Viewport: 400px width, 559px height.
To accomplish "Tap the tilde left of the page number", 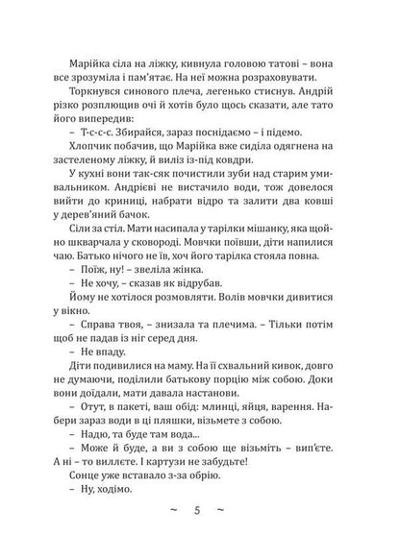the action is pyautogui.click(x=173, y=535).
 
